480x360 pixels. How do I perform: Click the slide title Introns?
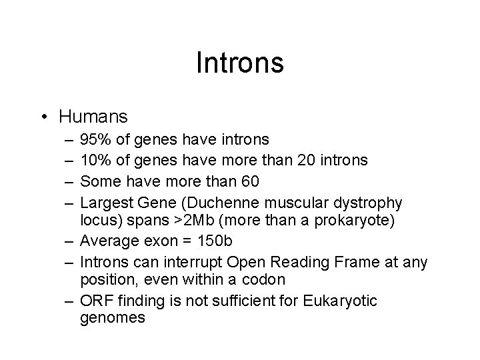[x=240, y=63]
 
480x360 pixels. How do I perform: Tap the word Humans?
[x=93, y=117]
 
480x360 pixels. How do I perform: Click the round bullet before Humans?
[x=43, y=117]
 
